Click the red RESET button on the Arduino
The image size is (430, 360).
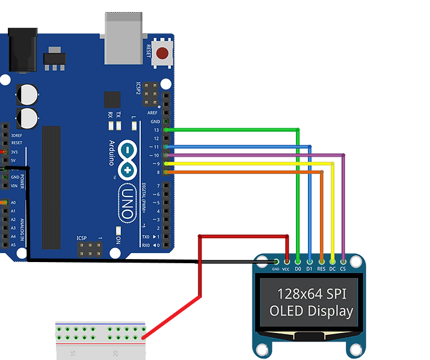point(162,53)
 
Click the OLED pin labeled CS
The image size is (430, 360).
point(343,261)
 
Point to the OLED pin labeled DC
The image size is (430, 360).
point(333,261)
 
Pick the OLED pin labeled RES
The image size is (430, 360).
point(321,261)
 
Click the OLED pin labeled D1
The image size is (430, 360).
point(310,261)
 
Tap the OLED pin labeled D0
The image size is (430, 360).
point(298,261)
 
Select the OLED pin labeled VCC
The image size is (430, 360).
point(287,261)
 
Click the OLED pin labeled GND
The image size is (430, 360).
point(276,261)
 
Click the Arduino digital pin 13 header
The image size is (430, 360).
point(166,130)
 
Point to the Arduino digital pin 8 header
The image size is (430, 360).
point(166,172)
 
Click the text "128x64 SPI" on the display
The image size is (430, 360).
point(311,294)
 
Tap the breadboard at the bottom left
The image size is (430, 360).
point(100,340)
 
